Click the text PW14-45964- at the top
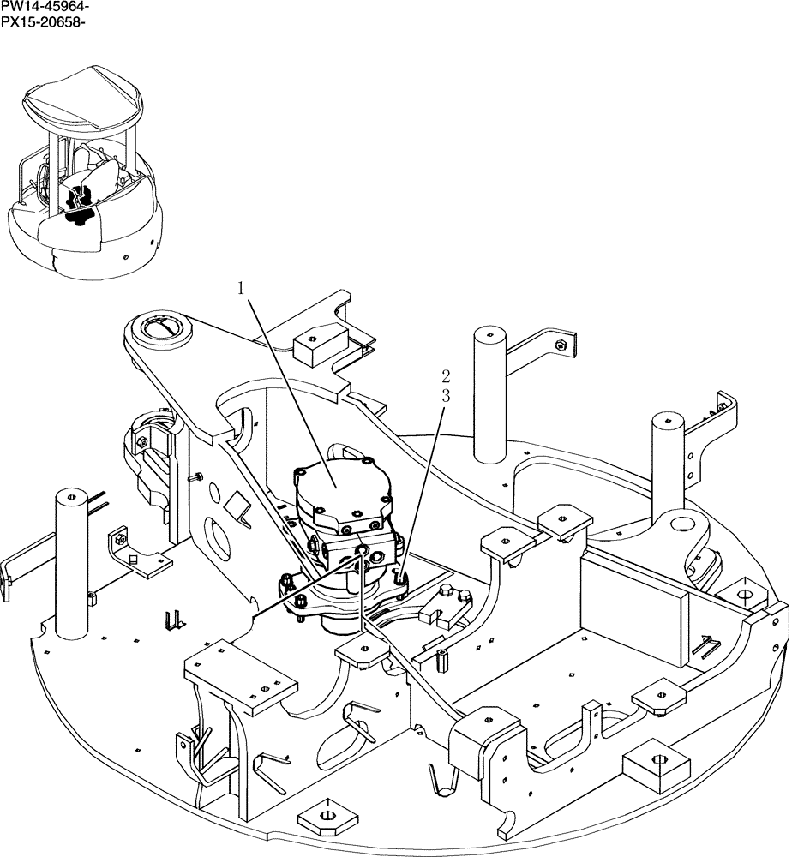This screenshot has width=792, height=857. tap(44, 7)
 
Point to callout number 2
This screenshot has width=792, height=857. tap(445, 375)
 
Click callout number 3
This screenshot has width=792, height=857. tap(445, 395)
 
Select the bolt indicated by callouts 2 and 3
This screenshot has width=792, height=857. tap(401, 579)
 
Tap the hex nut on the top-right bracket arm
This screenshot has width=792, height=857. tap(560, 345)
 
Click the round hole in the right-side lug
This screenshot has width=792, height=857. tap(683, 522)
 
